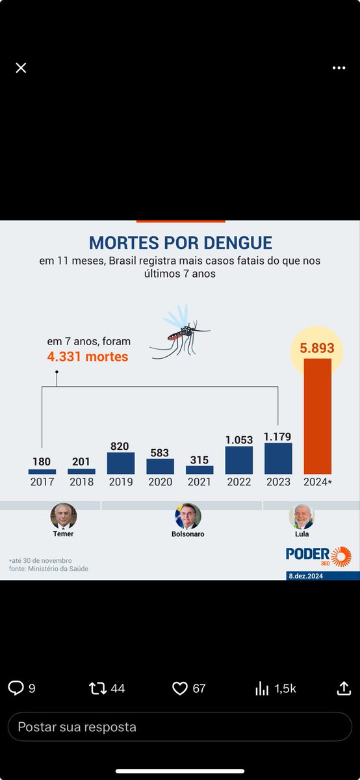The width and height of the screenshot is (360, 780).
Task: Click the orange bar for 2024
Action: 317,416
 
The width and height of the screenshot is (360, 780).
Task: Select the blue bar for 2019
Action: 121,463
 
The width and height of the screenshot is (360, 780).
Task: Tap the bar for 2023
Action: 278,458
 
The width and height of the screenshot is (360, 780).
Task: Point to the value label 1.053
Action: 239,439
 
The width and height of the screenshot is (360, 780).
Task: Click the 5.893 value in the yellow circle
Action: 317,349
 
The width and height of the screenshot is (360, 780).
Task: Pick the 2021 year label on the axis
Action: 199,482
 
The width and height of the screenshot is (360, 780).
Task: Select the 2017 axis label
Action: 42,482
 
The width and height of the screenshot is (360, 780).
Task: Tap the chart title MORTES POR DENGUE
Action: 180,243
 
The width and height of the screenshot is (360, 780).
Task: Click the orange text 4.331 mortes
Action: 87,356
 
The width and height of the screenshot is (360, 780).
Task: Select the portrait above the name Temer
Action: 64,516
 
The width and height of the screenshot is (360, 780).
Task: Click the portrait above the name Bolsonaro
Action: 188,516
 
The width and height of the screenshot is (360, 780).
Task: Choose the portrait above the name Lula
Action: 302,516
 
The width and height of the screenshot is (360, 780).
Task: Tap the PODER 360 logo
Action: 318,556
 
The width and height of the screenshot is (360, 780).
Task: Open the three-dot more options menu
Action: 339,68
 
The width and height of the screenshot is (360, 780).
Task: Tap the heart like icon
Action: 180,688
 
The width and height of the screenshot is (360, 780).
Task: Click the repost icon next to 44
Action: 97,688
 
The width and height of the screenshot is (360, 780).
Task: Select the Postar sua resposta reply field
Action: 180,727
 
